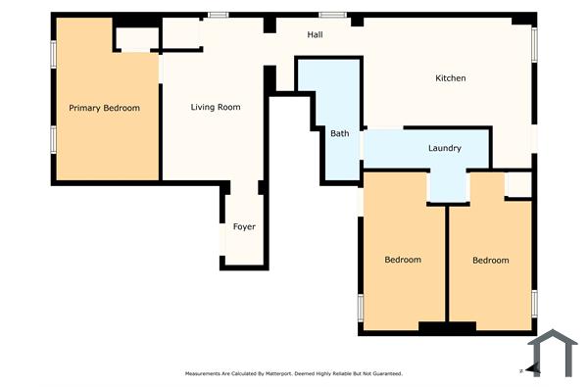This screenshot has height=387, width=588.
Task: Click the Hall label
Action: (315, 35)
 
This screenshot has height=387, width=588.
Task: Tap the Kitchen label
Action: (450, 78)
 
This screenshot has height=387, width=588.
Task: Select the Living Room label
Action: (215, 107)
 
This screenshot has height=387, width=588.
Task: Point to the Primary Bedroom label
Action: (104, 108)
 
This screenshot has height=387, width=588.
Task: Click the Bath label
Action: (339, 133)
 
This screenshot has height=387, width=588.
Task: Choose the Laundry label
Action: (444, 149)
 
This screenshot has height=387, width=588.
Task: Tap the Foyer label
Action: (244, 227)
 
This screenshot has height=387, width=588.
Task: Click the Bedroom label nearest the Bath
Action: (402, 260)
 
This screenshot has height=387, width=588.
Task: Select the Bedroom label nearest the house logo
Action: (490, 260)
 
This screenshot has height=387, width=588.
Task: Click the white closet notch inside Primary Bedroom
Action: (137, 39)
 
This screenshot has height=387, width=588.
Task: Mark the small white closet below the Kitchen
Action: (518, 184)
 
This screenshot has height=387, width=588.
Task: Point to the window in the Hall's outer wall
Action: (331, 14)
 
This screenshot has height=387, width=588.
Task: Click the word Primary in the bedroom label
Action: (85, 108)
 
